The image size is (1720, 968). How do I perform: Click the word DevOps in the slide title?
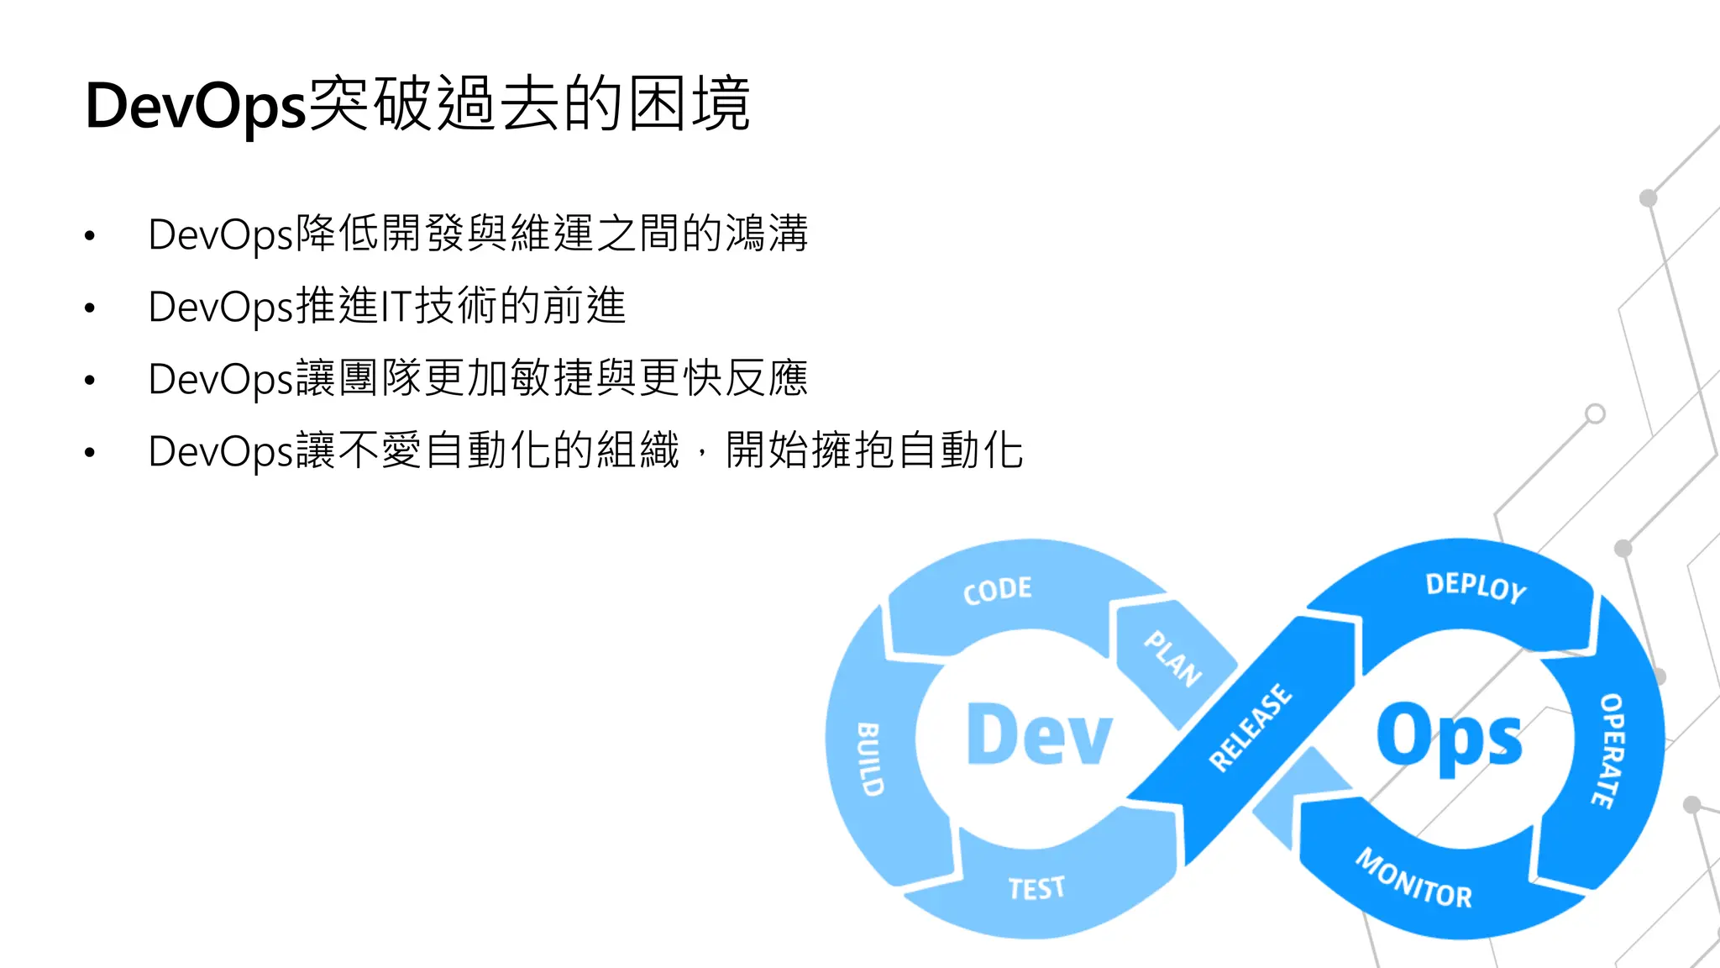pos(195,107)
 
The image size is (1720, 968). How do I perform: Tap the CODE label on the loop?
pos(997,590)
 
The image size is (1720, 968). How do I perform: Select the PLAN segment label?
pos(1173,659)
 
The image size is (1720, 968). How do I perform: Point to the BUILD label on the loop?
pos(869,759)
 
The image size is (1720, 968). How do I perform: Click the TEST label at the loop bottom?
pos(1036,888)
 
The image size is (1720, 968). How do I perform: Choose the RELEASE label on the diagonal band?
pos(1250,727)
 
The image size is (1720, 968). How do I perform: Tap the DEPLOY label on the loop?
pos(1476,587)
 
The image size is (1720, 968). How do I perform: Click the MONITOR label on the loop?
pos(1413,879)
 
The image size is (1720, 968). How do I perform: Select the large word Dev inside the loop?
pos(1039,735)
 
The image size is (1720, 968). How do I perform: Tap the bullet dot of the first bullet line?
pos(90,236)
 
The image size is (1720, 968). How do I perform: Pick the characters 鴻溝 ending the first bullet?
pos(766,234)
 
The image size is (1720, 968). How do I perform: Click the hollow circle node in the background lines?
pos(1595,413)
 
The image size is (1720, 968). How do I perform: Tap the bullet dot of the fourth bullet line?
pos(90,453)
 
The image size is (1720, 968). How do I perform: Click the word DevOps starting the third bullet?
pos(221,380)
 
